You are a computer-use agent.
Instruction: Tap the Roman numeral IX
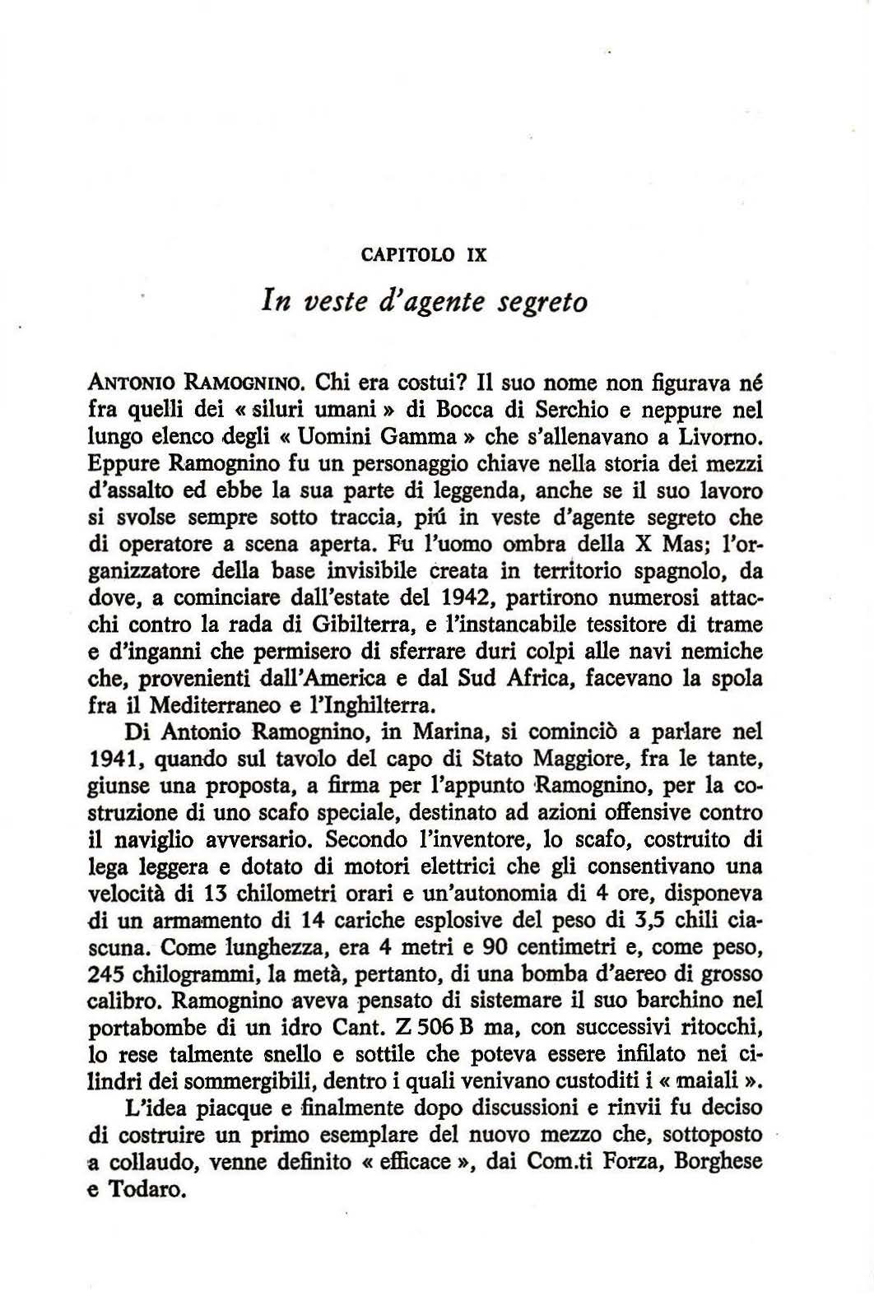477,255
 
